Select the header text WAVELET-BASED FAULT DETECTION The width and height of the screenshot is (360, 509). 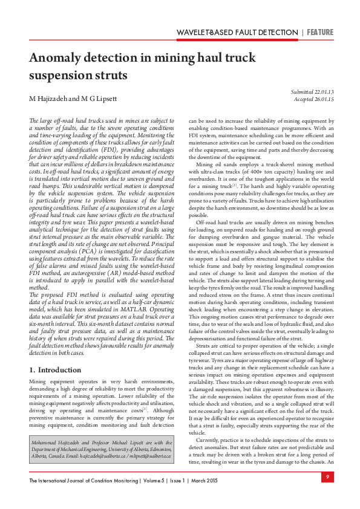click(237, 32)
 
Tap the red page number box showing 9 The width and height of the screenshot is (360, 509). click(326, 478)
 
